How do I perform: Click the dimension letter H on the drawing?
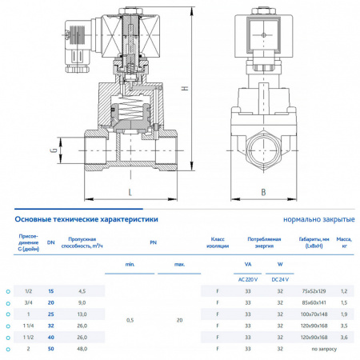tap(185, 89)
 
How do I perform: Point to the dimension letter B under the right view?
tap(262, 191)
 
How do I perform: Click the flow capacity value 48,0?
tap(82, 350)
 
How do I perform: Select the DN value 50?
tap(51, 350)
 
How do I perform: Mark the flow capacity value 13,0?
tap(82, 315)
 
